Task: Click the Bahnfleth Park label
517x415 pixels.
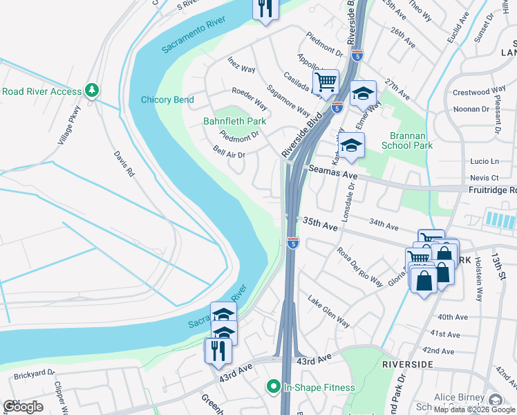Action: click(234, 122)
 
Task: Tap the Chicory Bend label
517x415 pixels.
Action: click(167, 100)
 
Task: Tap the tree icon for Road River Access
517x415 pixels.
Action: click(91, 91)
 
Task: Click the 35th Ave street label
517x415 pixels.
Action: click(320, 224)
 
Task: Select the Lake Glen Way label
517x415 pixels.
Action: click(328, 311)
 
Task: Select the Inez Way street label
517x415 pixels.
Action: click(242, 65)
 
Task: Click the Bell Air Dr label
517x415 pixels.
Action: click(229, 151)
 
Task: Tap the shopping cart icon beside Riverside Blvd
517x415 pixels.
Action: click(326, 82)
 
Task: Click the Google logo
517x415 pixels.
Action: click(23, 406)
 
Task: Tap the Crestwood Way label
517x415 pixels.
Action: click(479, 91)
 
